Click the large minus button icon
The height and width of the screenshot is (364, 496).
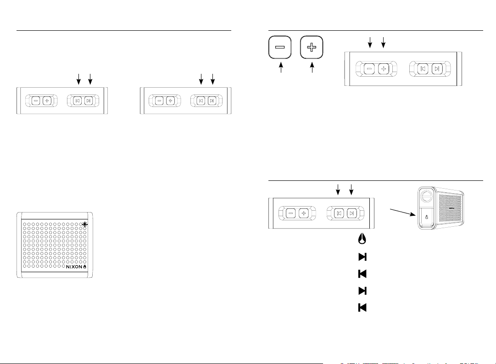pos(279,48)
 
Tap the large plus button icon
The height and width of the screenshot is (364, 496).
pos(312,48)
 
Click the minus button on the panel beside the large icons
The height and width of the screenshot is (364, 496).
pos(369,69)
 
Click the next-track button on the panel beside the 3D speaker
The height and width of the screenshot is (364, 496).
pos(351,213)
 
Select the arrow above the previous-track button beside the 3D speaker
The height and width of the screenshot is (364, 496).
pos(338,189)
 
